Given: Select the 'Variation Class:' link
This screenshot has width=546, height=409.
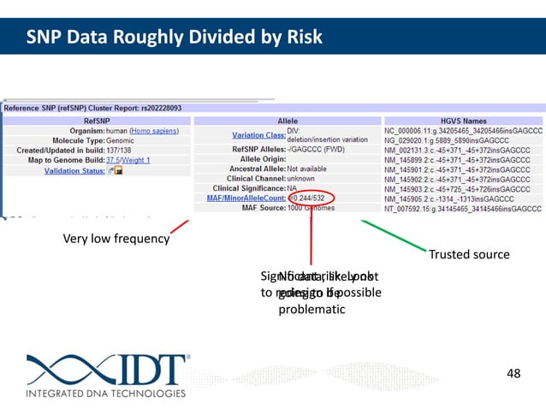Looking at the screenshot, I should (259, 135).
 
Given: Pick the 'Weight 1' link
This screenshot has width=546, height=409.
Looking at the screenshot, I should (139, 160).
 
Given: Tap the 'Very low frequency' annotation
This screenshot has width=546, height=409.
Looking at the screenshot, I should (116, 239).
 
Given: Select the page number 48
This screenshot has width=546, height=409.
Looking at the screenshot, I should (513, 372).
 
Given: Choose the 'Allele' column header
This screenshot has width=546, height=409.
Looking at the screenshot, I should (288, 122).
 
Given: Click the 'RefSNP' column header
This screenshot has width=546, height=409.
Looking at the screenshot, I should (96, 122).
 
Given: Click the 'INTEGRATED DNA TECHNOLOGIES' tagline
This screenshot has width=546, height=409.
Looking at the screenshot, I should (106, 394).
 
